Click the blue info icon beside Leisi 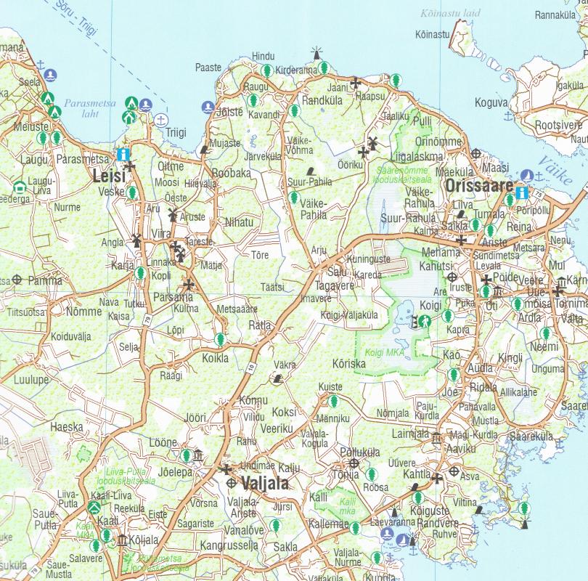click(x=123, y=154)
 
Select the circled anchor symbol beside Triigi click(x=161, y=118)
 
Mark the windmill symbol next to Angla click(x=135, y=240)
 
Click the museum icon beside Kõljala click(x=121, y=540)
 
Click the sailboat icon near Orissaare click(x=528, y=175)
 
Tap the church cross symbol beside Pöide click(x=486, y=280)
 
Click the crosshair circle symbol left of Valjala click(x=231, y=483)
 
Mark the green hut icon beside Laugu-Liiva click(x=20, y=187)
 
